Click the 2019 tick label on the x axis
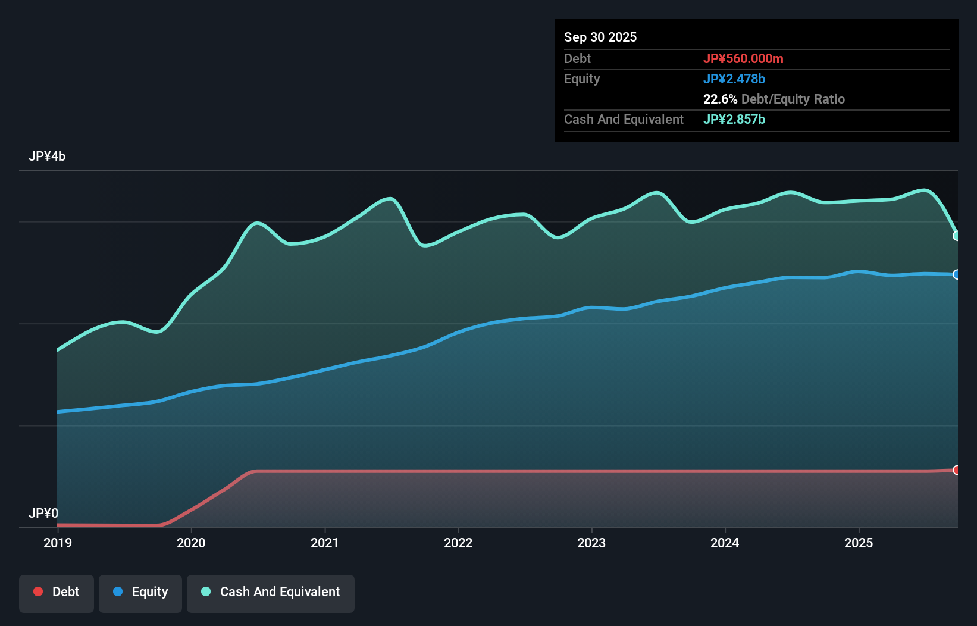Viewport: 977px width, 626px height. tap(58, 543)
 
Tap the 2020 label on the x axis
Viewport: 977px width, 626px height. tap(191, 543)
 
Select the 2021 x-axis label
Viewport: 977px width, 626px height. tap(325, 543)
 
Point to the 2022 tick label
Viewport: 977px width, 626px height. tap(458, 543)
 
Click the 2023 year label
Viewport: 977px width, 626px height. tap(591, 543)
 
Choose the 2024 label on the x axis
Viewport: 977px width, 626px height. tap(725, 543)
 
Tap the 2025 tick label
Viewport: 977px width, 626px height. tap(859, 543)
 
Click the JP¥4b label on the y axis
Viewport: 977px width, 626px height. tap(47, 156)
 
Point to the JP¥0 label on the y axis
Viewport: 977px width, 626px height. tap(43, 513)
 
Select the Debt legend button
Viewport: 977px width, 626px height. tap(57, 592)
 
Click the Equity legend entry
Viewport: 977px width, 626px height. tap(140, 592)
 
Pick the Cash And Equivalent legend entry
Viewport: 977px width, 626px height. tap(271, 592)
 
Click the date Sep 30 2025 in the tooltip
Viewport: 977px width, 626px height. tap(600, 37)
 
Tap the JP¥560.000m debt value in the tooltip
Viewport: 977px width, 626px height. tap(743, 58)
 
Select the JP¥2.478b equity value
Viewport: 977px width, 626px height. tap(734, 79)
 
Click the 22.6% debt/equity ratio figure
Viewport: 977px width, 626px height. tap(720, 99)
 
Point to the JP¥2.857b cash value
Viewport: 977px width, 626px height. tap(734, 119)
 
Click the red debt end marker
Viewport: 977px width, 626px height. tap(957, 470)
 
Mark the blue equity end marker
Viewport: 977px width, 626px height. tap(957, 274)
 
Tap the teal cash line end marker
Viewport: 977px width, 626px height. tap(957, 236)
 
